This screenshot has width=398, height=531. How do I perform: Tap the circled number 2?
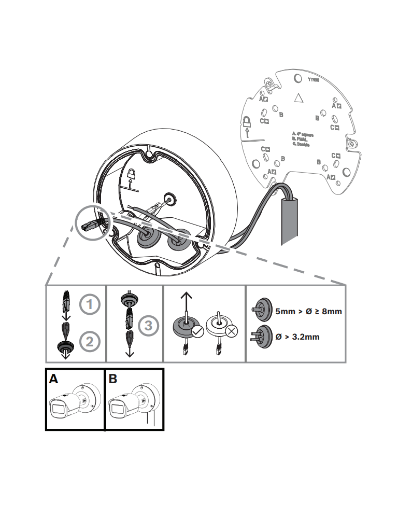[x=90, y=341]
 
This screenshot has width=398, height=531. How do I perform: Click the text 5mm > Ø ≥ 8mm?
[x=309, y=312]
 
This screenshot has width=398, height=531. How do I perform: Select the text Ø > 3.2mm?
[x=297, y=337]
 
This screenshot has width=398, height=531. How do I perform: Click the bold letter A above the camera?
[x=53, y=379]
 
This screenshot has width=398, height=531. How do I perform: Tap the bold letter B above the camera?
[x=113, y=379]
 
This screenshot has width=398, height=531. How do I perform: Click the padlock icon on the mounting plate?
[x=247, y=123]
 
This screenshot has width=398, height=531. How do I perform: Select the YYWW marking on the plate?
[x=314, y=80]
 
